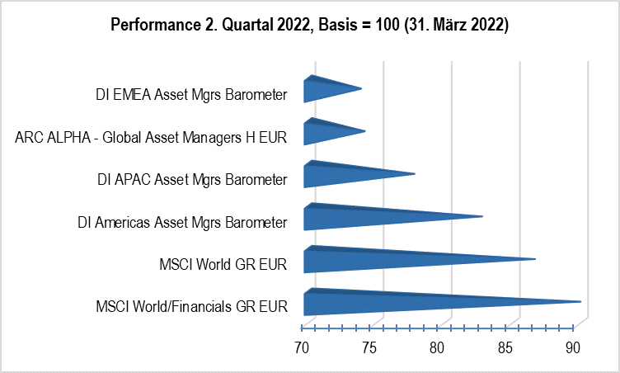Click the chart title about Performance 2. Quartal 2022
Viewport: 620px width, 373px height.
coord(309,26)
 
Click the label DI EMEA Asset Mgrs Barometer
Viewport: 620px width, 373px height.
coord(191,94)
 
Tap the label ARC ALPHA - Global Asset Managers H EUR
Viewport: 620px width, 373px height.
coord(151,137)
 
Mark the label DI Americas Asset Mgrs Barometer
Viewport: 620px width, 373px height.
coord(181,222)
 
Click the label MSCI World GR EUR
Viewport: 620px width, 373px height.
coord(223,265)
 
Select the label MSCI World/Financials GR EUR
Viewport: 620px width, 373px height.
coord(191,308)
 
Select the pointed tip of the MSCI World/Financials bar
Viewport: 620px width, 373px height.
coord(579,302)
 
